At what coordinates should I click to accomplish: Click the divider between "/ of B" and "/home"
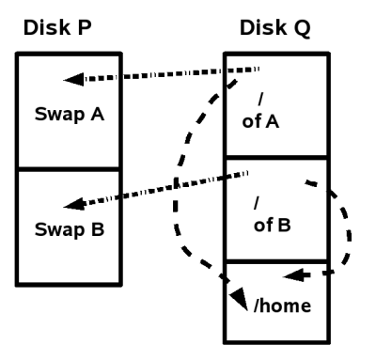276,261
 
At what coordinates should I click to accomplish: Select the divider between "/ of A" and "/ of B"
276,159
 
